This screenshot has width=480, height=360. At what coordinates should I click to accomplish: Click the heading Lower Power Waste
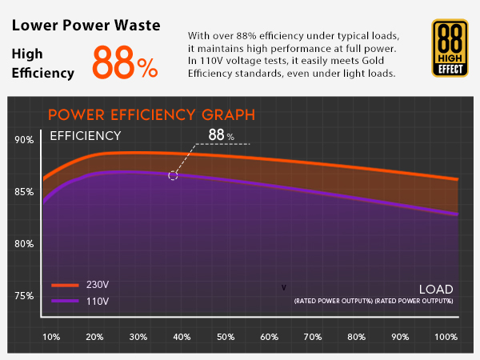click(x=86, y=25)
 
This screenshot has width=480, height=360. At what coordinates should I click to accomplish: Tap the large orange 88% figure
click(x=125, y=62)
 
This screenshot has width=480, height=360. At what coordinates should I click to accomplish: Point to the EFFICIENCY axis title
click(x=86, y=136)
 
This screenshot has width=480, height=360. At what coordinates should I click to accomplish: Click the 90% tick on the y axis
click(x=24, y=141)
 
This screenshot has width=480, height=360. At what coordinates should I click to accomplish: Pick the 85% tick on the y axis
click(x=24, y=192)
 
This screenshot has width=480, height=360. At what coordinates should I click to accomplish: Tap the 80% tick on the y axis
click(x=24, y=244)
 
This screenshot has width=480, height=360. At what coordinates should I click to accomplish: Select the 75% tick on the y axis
click(x=24, y=296)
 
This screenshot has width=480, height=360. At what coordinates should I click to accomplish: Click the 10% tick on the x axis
click(x=50, y=337)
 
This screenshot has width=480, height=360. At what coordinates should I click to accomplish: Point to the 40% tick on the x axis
click(x=182, y=337)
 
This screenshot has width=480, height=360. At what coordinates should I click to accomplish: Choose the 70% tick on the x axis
click(x=313, y=337)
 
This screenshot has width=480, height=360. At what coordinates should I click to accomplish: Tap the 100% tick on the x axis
click(x=445, y=337)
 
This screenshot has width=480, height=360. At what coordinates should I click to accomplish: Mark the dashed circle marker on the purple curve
click(x=173, y=175)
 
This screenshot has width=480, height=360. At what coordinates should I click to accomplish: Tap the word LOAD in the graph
click(x=435, y=289)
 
